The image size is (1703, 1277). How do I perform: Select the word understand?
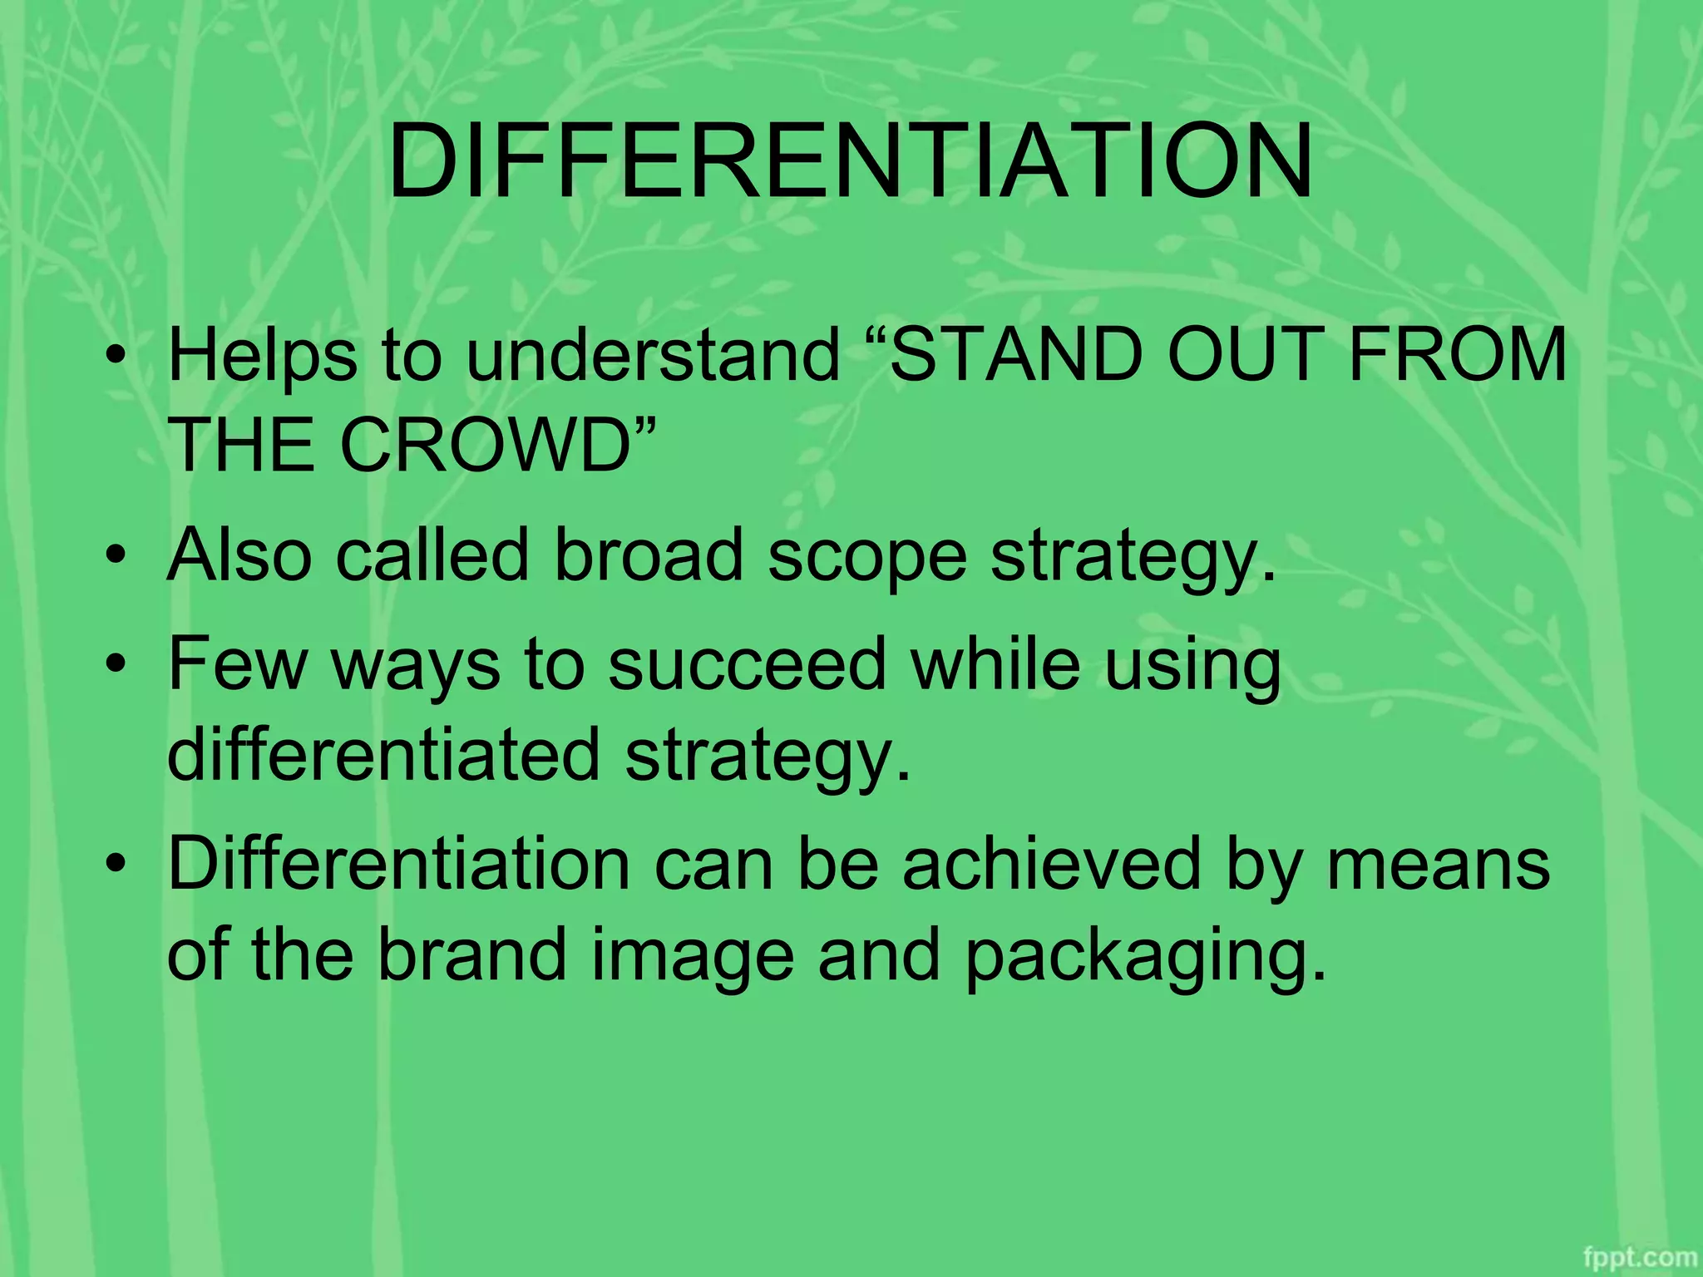coord(653,355)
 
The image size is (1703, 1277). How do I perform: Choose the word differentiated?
coord(383,754)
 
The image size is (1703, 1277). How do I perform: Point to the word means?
coord(1439,865)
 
